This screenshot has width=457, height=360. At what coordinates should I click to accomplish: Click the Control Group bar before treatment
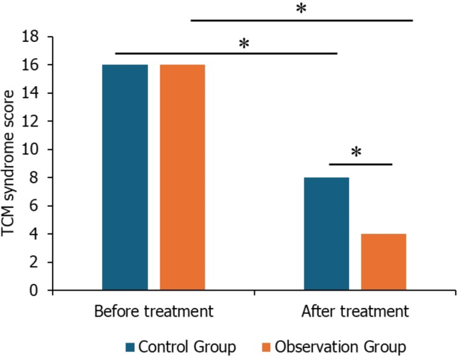125,177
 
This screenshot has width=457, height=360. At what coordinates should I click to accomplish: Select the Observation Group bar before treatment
182,177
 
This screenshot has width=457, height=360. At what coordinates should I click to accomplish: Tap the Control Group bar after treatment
326,233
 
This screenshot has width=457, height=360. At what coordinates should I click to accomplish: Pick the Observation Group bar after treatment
384,262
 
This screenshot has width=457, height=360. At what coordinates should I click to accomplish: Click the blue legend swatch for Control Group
130,347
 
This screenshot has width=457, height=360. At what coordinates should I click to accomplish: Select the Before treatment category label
153,311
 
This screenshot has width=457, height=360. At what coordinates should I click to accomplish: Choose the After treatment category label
355,311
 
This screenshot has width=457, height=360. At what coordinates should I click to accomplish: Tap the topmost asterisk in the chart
301,10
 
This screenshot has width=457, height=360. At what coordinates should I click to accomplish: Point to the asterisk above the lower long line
244,44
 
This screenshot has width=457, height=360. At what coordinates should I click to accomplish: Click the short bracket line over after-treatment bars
360,163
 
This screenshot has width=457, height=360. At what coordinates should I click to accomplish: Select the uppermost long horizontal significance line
302,21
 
